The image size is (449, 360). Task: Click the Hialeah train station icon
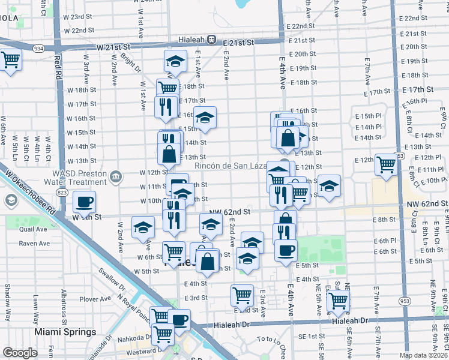(x=211, y=40)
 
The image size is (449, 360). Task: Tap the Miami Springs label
(x=65, y=332)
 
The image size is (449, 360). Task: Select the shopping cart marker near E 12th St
(x=386, y=164)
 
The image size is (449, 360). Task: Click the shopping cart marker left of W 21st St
(x=10, y=61)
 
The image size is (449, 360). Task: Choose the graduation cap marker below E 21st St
(x=175, y=61)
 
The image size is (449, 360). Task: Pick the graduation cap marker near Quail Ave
(x=143, y=227)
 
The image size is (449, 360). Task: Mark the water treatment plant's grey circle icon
(x=116, y=176)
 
